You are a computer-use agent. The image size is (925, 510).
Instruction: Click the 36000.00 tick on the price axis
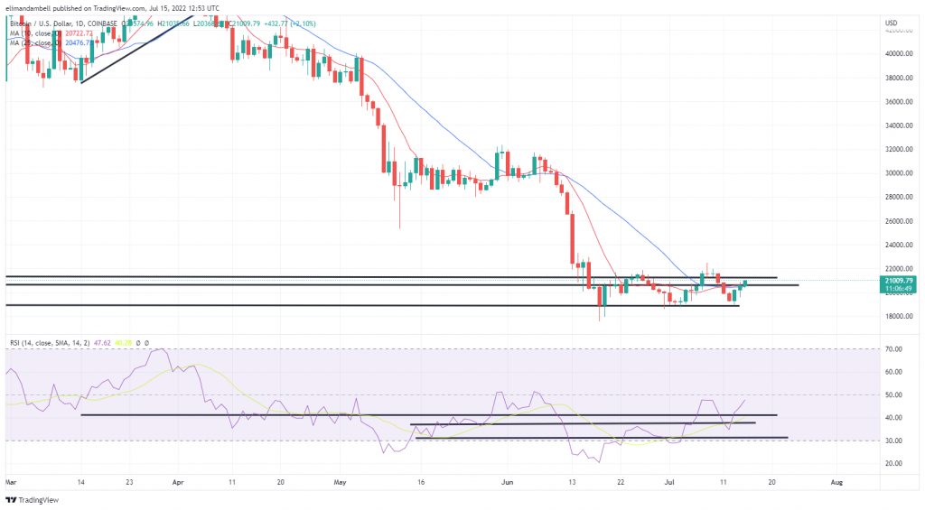(900, 101)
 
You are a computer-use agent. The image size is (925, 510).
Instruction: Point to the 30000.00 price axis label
(900, 172)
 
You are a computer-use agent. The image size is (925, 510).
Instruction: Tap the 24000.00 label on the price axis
(900, 245)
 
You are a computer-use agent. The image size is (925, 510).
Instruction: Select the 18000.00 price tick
(900, 316)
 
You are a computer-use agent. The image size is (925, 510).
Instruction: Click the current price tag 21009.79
(900, 280)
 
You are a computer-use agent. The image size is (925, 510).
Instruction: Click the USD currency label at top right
(891, 22)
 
